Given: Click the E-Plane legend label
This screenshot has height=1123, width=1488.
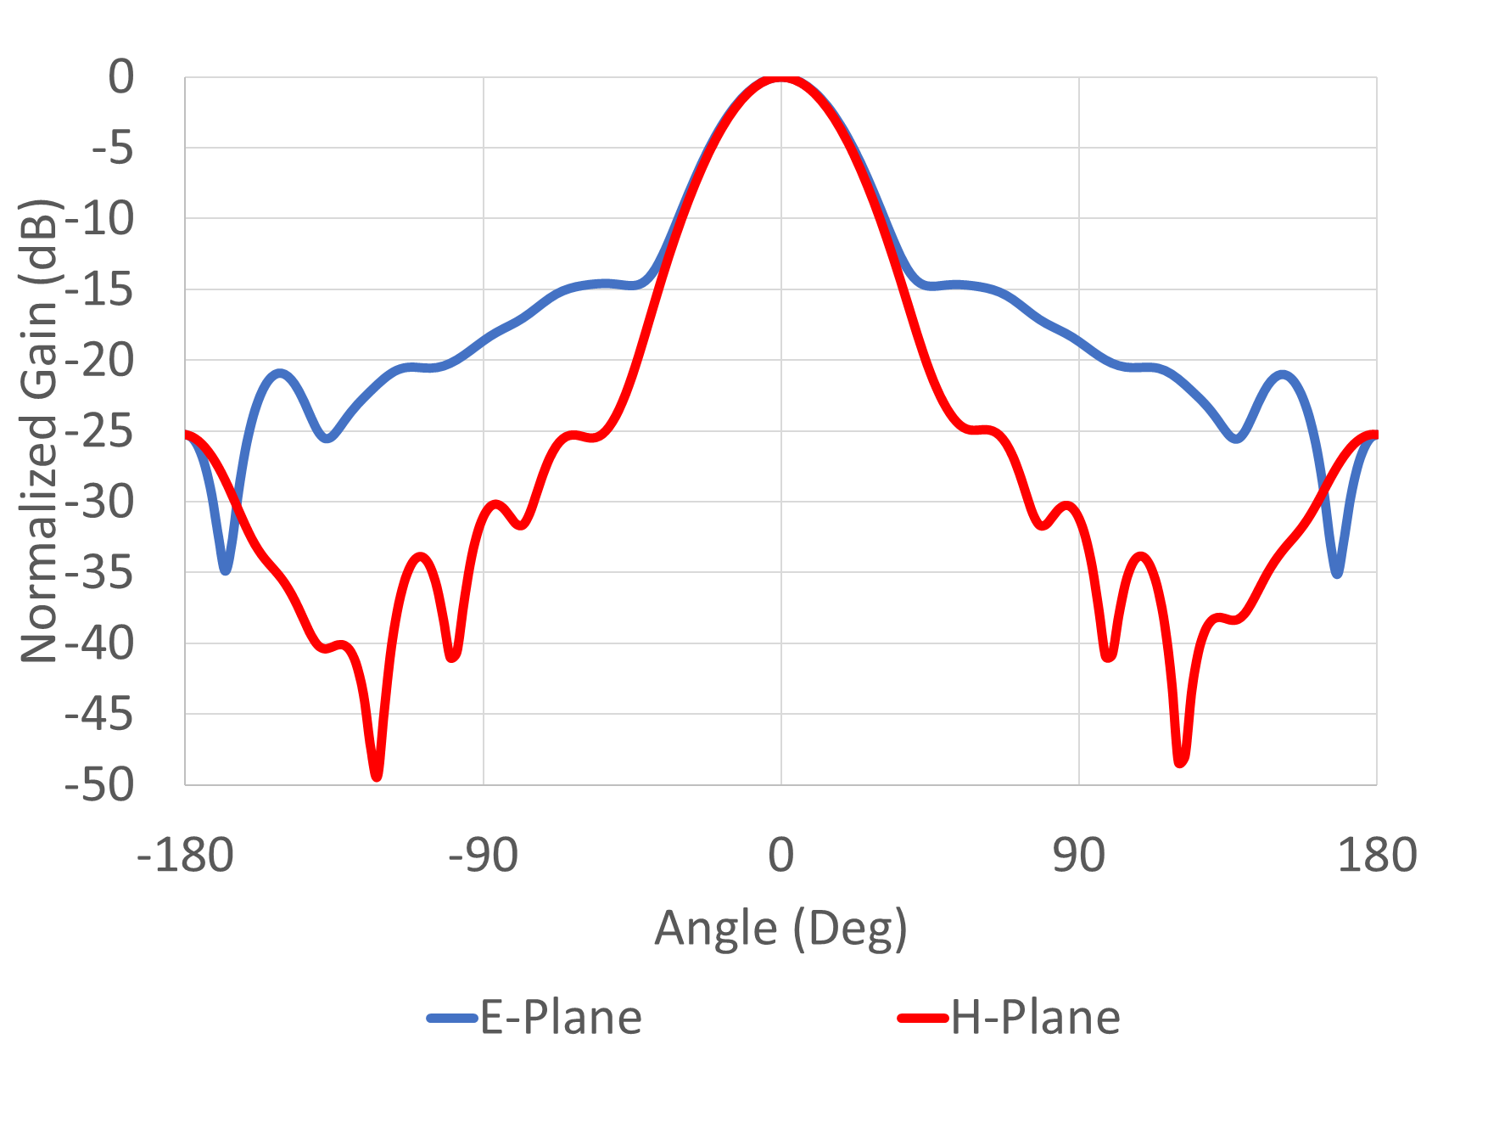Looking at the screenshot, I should [x=561, y=1017].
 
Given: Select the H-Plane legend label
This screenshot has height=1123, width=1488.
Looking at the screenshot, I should [x=1036, y=1017].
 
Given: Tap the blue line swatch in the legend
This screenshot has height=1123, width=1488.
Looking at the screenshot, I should [x=452, y=1018].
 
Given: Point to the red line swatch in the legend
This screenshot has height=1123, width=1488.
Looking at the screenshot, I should [x=923, y=1018].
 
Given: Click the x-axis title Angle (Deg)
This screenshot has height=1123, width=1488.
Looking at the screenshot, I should [x=780, y=928].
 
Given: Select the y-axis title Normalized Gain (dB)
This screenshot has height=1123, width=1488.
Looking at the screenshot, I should [x=39, y=431].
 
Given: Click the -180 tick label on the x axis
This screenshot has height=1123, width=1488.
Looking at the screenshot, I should [x=185, y=856].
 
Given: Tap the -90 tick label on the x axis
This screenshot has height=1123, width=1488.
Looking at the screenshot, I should [x=483, y=856].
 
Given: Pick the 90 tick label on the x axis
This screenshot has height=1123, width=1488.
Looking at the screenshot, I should [x=1078, y=856].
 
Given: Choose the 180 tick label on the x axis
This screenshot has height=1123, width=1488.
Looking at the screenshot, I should [x=1376, y=856].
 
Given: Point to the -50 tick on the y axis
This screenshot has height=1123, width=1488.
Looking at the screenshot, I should [x=99, y=785].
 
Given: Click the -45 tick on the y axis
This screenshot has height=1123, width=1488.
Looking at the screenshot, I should [x=99, y=715].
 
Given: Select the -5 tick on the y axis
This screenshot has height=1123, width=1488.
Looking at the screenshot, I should [x=112, y=149].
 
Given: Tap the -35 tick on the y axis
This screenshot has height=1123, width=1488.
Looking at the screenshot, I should [x=99, y=573].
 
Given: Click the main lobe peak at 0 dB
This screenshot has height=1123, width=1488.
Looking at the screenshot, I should [x=780, y=79].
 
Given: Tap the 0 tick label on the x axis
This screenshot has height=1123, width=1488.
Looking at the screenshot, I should [x=780, y=856].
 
